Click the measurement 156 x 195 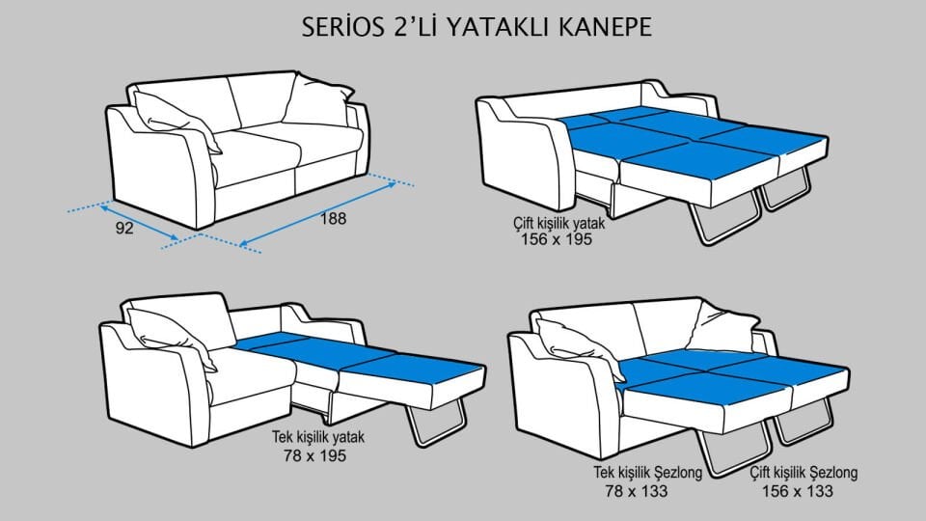click(553, 240)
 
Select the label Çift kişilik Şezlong click(803, 474)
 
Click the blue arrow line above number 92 click(141, 221)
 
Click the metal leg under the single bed click(439, 424)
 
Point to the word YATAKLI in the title click(476, 26)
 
